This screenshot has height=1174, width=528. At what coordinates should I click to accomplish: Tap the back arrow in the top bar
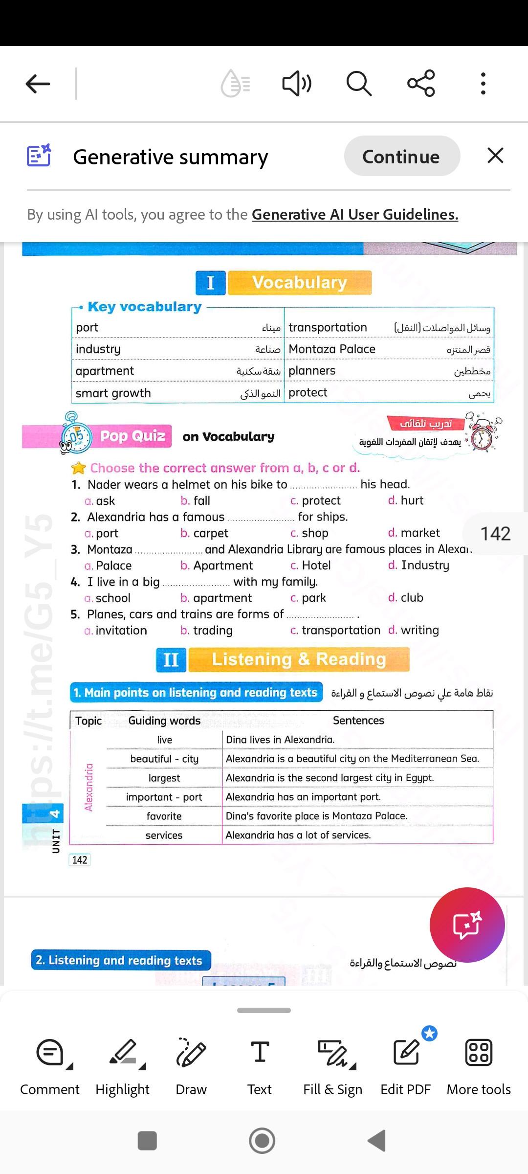click(38, 84)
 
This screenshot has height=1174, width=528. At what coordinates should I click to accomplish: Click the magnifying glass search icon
click(359, 83)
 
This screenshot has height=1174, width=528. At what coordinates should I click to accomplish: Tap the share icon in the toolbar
click(421, 83)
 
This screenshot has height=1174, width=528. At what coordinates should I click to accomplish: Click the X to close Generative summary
click(495, 156)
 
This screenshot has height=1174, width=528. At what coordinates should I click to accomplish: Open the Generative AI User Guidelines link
click(355, 214)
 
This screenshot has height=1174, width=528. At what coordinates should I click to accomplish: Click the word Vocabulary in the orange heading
click(299, 283)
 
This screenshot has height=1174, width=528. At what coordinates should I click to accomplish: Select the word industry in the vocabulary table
click(98, 349)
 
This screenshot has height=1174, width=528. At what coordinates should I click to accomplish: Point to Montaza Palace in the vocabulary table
click(332, 349)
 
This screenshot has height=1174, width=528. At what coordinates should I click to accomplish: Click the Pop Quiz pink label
click(132, 436)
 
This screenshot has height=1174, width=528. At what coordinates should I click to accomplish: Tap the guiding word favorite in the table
click(164, 816)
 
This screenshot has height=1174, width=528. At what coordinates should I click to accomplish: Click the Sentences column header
click(358, 721)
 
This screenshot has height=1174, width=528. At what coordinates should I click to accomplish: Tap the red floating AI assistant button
click(467, 925)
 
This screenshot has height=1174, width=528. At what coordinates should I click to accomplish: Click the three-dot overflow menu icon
click(483, 83)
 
